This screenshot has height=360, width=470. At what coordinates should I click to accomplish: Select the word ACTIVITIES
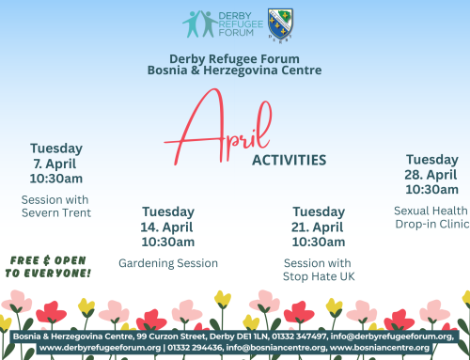click(x=289, y=160)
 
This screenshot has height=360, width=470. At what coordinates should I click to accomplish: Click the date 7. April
click(x=56, y=163)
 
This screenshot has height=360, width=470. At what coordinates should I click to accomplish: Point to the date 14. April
click(x=168, y=227)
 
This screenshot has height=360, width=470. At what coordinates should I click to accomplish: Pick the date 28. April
click(x=431, y=174)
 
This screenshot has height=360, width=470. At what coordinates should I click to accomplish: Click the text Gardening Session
click(x=168, y=263)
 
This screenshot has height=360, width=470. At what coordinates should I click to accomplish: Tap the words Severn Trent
click(x=56, y=212)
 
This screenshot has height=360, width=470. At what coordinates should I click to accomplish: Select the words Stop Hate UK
click(x=319, y=276)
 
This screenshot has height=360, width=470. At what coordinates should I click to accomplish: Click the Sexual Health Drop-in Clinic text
click(x=431, y=216)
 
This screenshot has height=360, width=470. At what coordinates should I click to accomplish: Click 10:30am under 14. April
click(x=168, y=241)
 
